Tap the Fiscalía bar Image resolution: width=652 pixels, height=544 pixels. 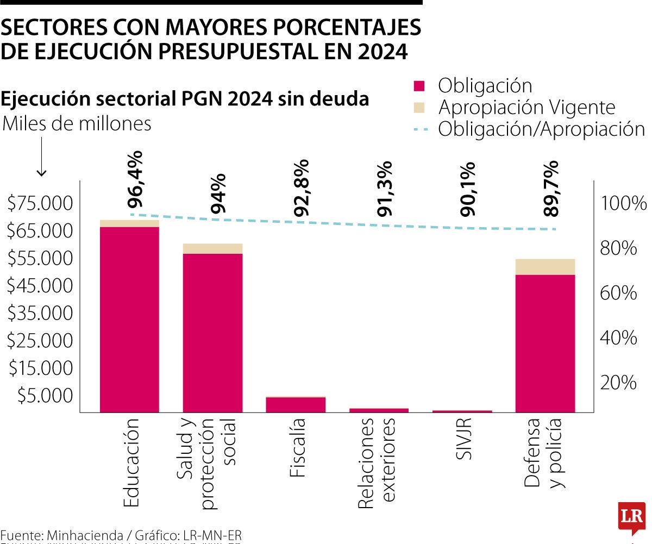coord(296,404)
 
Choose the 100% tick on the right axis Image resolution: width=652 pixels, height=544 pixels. coord(623,204)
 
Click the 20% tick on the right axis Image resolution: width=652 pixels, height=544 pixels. coord(618,383)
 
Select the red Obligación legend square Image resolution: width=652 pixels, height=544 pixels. coord(419,86)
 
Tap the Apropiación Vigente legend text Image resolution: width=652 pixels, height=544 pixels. coord(526,108)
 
